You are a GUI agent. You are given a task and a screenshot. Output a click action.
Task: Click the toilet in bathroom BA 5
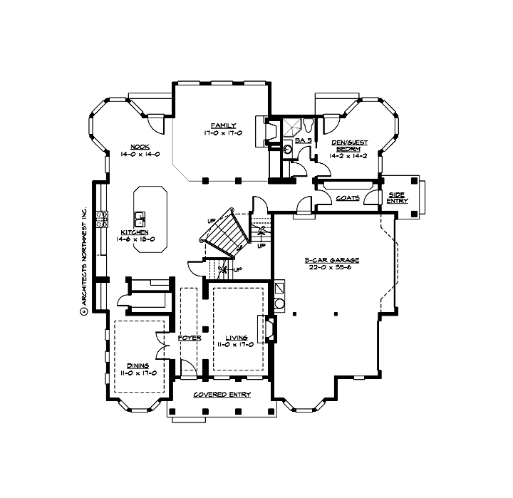coord(308,127)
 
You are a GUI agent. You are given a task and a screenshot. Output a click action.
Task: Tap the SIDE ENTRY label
coord(397,197)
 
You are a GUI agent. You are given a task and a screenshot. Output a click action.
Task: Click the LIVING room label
coord(237,338)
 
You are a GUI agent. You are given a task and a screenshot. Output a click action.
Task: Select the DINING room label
coord(138,365)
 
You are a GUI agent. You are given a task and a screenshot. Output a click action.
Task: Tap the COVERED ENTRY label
coord(220,394)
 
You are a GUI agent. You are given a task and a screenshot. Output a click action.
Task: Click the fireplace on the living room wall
coord(269,328)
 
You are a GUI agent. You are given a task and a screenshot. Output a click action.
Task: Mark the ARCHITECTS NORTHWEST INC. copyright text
coord(83,261)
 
